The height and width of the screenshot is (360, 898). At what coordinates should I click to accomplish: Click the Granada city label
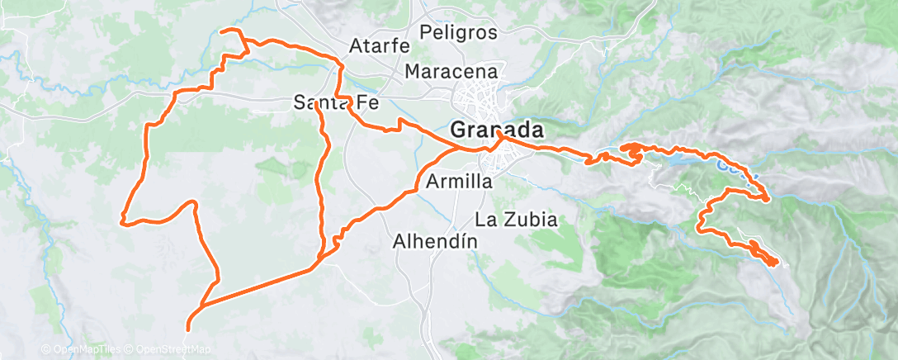498,130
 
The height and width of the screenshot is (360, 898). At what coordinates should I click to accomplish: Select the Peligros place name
458,33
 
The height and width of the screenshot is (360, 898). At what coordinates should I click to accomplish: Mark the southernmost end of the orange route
187,329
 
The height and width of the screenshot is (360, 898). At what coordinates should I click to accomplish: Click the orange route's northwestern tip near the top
221,31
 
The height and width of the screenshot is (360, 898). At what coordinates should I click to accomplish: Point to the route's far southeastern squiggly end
773,263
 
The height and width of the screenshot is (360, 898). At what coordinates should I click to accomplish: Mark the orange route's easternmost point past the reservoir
769,198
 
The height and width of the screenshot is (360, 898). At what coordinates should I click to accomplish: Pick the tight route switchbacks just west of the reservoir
631,151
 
